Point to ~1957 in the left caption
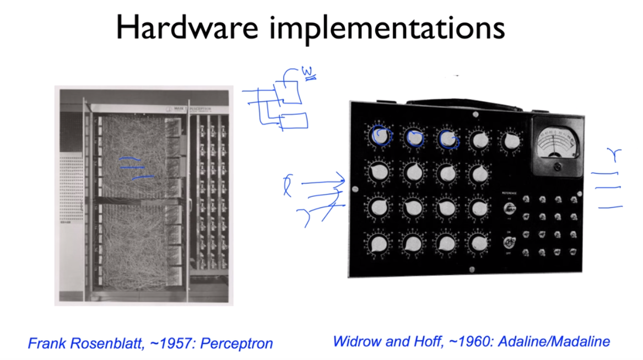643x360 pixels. [168, 343]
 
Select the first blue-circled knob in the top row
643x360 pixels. [380, 136]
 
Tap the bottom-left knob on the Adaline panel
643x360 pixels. [379, 243]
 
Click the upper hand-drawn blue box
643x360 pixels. [290, 92]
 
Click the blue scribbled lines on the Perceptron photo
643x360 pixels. [135, 168]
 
